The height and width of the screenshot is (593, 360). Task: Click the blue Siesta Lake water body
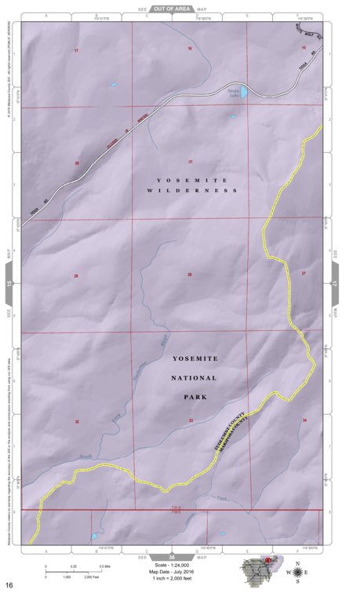244,93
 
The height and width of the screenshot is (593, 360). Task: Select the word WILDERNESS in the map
193,191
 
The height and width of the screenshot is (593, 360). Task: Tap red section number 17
76,50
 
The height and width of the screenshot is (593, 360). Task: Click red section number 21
191,162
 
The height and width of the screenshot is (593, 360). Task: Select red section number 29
76,276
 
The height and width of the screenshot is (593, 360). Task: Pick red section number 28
190,275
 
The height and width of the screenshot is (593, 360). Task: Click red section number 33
191,421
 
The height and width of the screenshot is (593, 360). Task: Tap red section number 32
77,422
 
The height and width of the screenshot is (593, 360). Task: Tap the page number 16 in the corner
9,584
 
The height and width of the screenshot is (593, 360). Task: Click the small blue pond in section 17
114,85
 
